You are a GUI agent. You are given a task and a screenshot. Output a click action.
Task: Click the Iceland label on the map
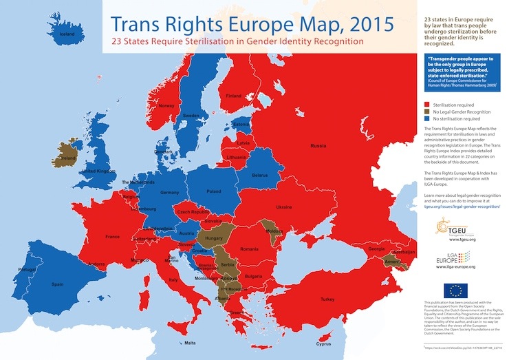[x=67, y=34]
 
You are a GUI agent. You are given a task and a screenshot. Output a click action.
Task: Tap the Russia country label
[x=318, y=146]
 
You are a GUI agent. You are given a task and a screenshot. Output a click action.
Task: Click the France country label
[x=113, y=236]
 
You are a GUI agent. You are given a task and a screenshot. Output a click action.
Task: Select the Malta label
[x=191, y=342]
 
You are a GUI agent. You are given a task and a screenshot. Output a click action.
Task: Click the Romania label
[x=248, y=247]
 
